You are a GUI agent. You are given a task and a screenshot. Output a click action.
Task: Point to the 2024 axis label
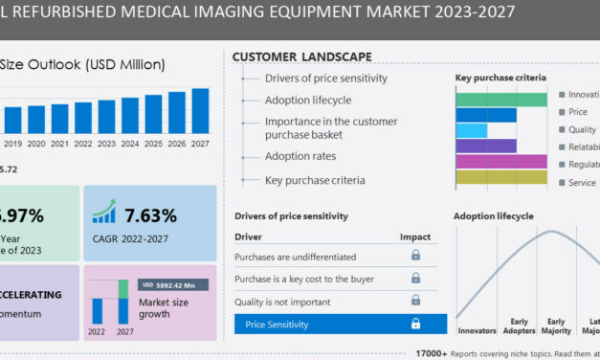point(130,144)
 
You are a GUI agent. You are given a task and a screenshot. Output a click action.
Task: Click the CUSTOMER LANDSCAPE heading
point(301,57)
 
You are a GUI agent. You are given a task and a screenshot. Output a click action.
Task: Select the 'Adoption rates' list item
point(300,156)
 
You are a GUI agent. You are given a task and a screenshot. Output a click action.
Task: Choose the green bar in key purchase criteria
point(500,98)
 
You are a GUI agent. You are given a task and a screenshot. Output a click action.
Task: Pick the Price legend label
point(578,112)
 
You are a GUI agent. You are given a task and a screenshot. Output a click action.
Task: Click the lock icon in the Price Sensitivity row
point(415,325)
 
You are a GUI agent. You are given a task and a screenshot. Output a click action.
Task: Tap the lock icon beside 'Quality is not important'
point(415,301)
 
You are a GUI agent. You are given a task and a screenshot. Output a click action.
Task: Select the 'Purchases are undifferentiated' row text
point(296,257)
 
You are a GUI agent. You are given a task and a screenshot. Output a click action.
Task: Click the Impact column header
point(415,236)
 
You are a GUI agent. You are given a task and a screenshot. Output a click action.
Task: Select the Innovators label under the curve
point(476,330)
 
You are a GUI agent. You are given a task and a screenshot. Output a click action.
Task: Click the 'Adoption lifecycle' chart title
point(494,216)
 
